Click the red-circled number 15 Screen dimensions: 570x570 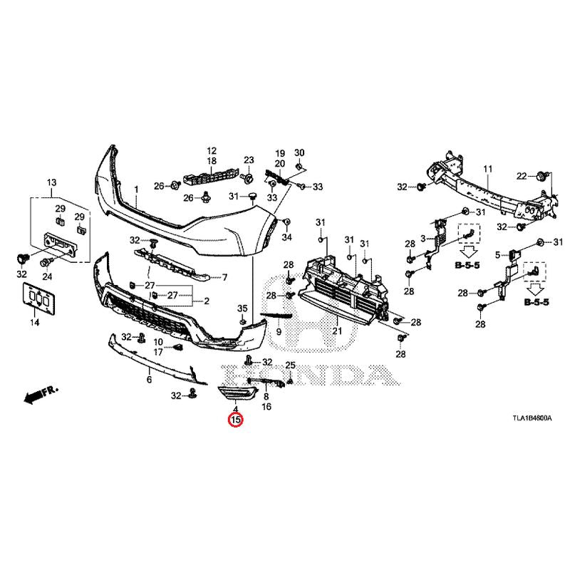[234, 420]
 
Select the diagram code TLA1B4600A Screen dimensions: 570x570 [531, 420]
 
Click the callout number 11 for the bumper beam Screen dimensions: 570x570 [489, 169]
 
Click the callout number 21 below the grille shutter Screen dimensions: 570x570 [336, 331]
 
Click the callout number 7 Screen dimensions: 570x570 [224, 277]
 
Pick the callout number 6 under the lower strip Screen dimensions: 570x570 [149, 380]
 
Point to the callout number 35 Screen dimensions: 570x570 [242, 308]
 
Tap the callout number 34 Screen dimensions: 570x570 [286, 237]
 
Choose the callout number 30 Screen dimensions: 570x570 [299, 153]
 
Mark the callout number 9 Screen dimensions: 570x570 [279, 332]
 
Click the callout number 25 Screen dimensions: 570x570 [290, 366]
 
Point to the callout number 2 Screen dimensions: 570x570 [206, 301]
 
